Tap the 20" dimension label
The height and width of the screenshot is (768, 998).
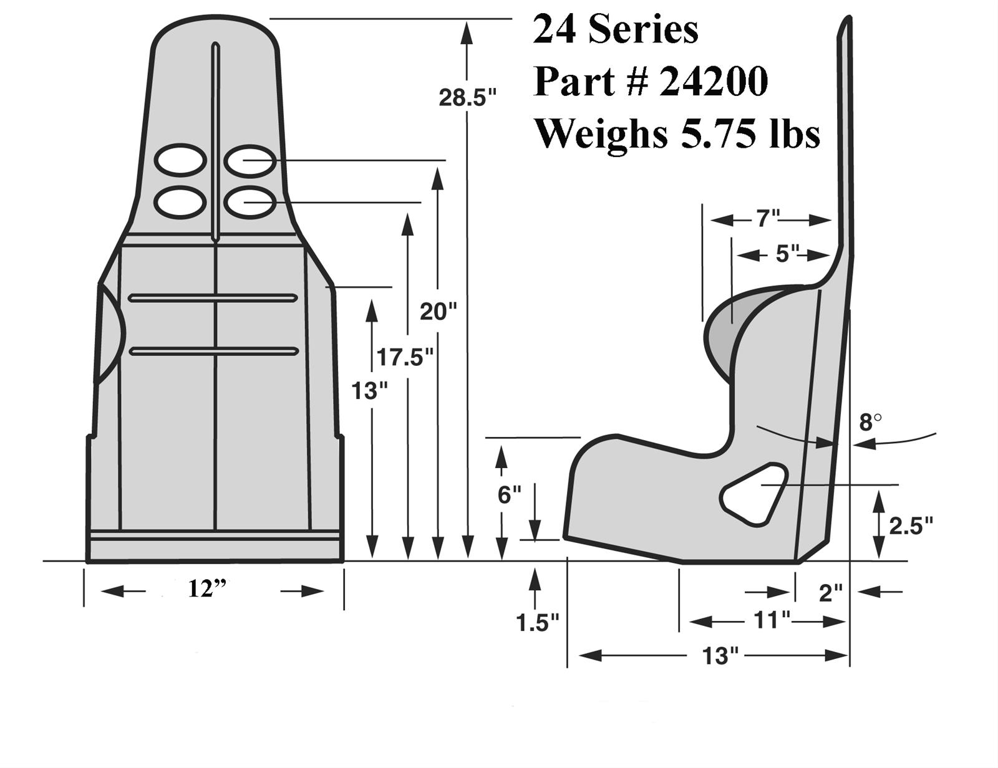[438, 311]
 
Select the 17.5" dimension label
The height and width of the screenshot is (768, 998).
[404, 358]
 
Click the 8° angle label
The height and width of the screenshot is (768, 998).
[870, 423]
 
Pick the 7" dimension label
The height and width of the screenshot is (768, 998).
[768, 219]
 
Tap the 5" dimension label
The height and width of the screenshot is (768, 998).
[787, 254]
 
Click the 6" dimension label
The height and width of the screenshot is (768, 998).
[509, 494]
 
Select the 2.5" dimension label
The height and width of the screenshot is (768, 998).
[911, 526]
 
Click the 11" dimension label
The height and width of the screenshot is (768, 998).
[772, 620]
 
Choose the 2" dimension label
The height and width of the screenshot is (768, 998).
[830, 593]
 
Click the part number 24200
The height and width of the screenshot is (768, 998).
[713, 82]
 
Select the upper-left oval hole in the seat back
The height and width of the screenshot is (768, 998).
[180, 160]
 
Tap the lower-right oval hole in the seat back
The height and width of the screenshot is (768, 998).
[249, 201]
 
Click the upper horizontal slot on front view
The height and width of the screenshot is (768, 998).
[213, 298]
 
